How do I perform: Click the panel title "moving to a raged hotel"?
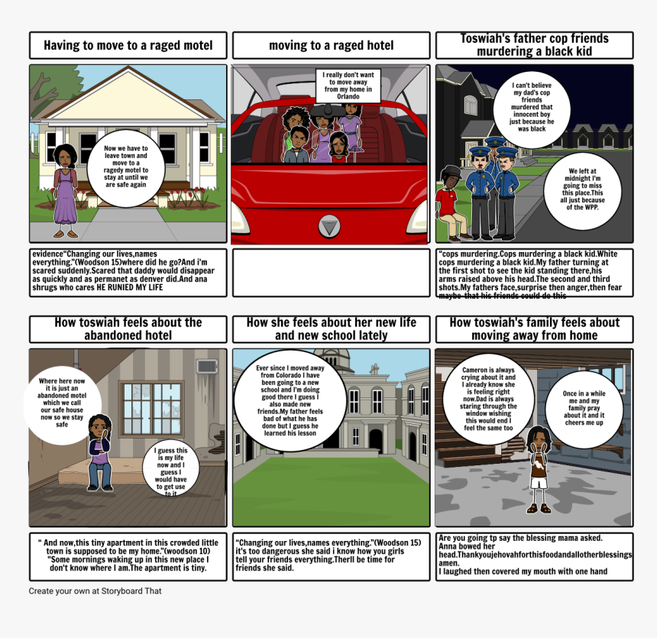[331, 46]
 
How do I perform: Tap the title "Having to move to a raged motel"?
[128, 46]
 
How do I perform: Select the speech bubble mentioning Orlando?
[348, 86]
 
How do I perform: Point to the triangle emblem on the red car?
[329, 227]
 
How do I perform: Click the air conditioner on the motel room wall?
[207, 367]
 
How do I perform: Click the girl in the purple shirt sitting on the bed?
[99, 451]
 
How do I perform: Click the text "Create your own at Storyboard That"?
[95, 591]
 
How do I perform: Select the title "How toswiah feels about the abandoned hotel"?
[128, 329]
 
